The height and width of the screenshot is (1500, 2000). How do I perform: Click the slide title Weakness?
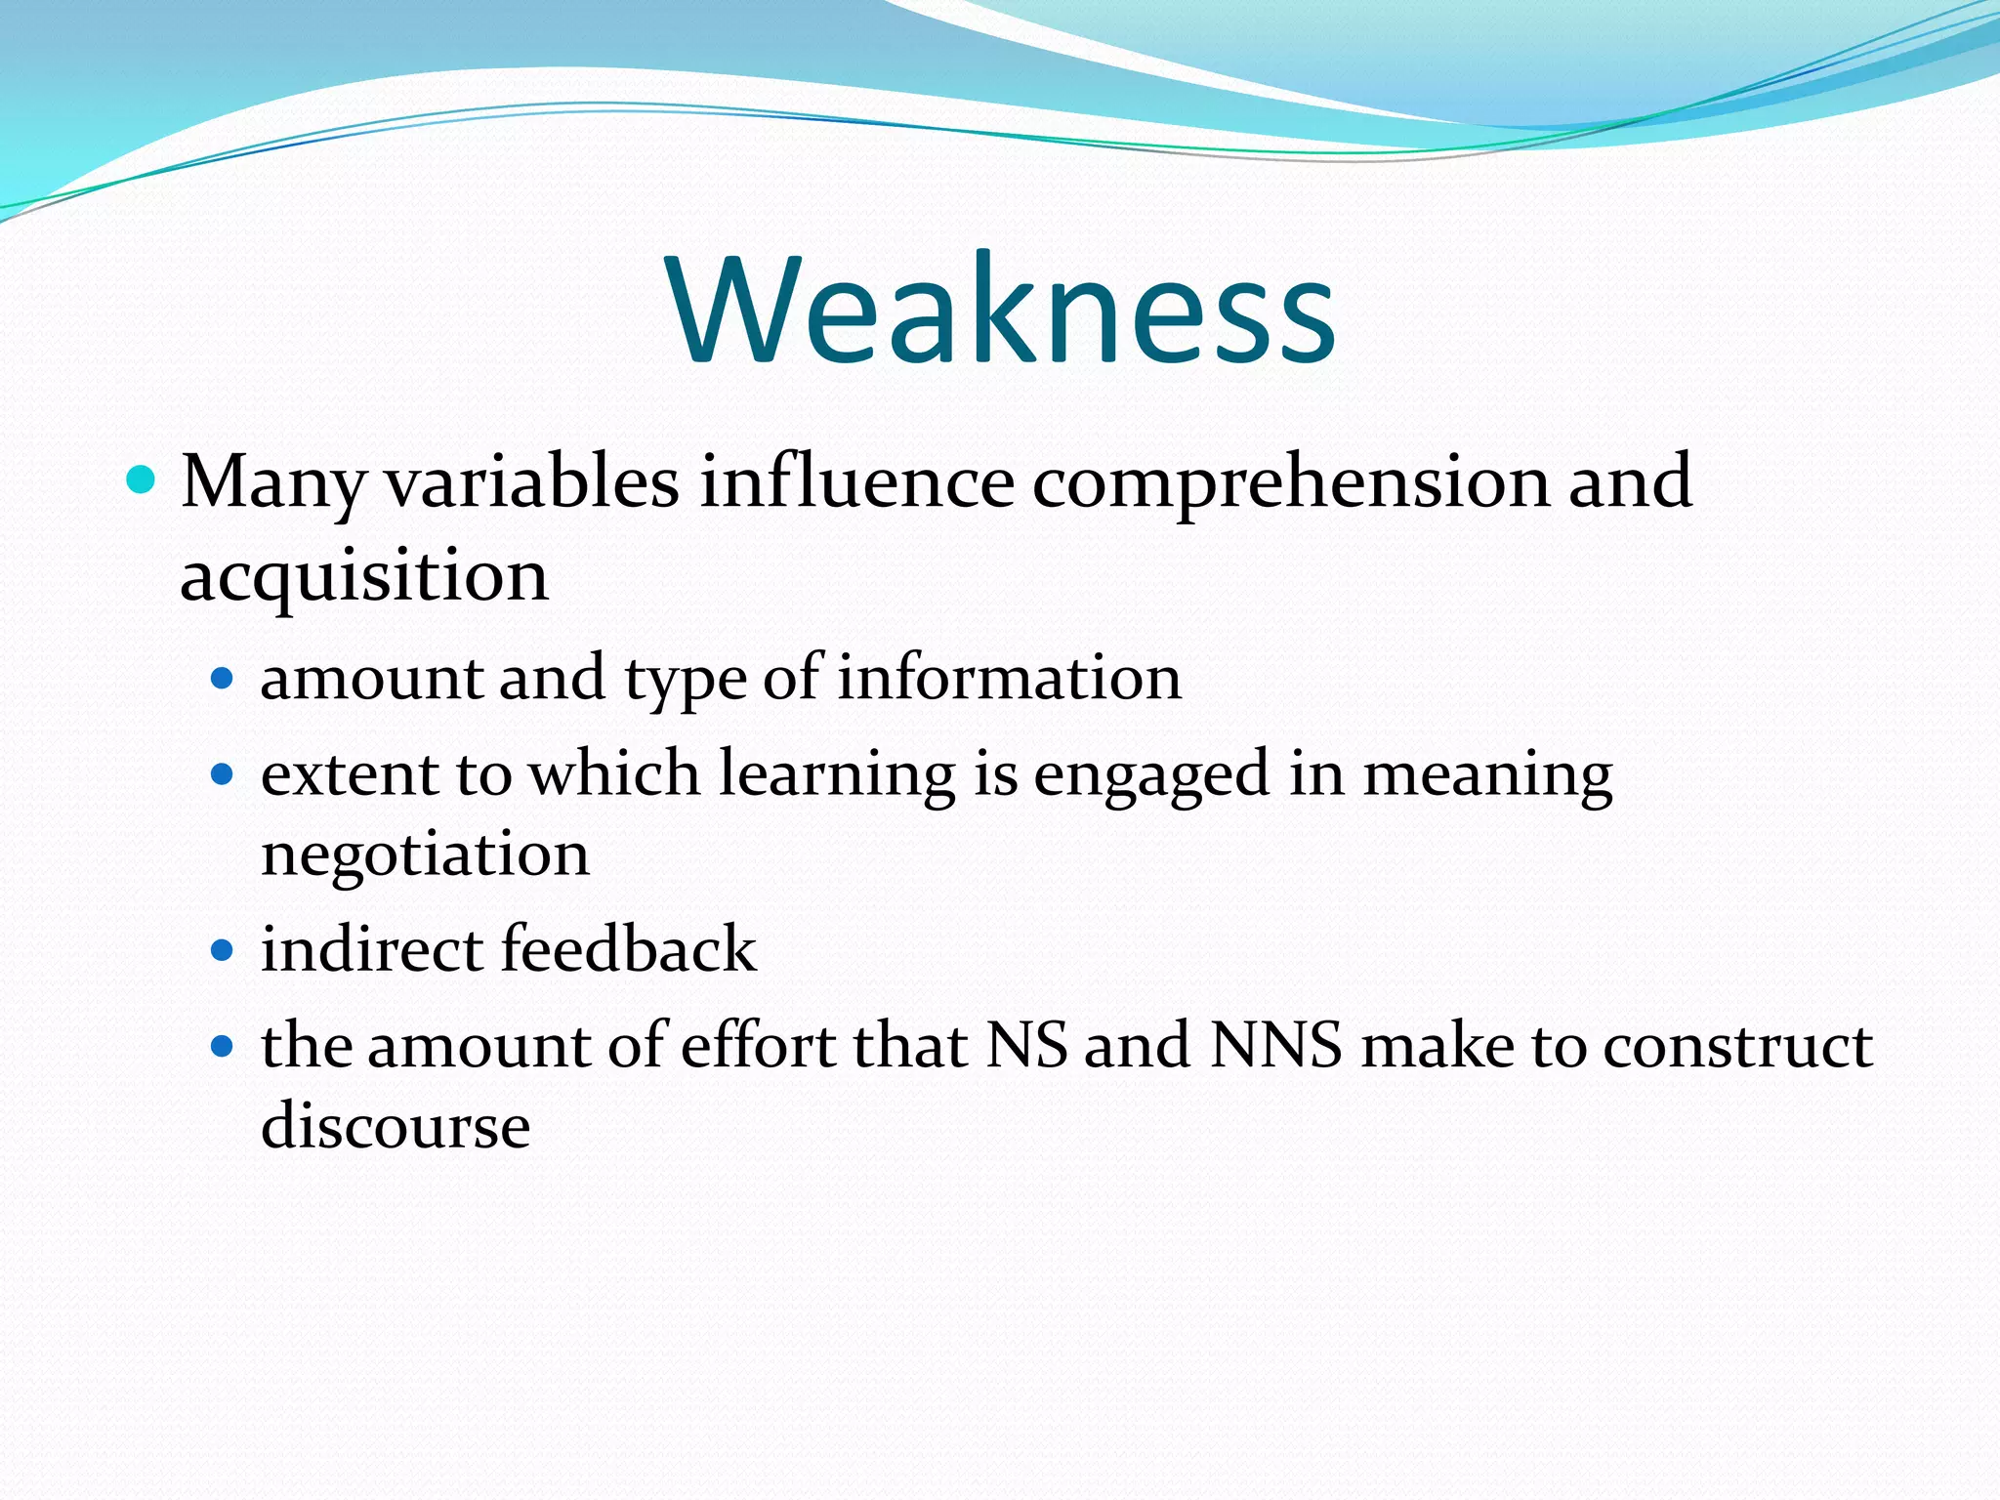(1002, 311)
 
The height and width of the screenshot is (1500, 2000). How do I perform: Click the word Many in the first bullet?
(271, 483)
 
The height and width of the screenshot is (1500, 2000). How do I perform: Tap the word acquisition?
(364, 576)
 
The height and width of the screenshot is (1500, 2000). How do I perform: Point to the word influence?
(856, 481)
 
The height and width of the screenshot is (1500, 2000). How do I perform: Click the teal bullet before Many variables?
(142, 480)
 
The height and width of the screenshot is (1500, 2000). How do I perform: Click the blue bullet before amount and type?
(224, 679)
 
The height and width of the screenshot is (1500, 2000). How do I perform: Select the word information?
(1009, 678)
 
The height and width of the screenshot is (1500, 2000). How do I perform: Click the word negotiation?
(425, 854)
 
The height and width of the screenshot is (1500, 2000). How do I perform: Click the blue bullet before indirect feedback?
(224, 950)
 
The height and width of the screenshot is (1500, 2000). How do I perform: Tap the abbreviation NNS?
(1275, 1046)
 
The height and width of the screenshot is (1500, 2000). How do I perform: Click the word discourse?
(396, 1126)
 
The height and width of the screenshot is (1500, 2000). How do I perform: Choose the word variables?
(532, 481)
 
